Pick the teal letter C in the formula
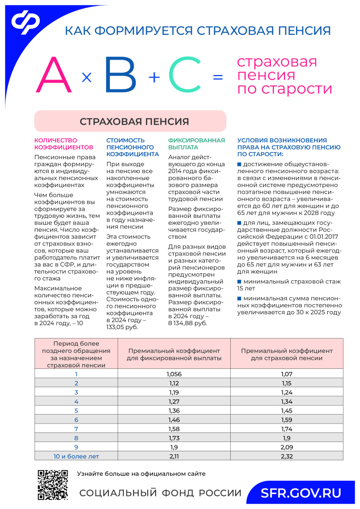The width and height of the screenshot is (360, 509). click(184, 76)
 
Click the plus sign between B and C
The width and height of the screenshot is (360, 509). click(154, 77)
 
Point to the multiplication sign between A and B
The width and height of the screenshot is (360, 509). click(87, 78)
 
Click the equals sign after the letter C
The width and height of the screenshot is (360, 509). click(217, 78)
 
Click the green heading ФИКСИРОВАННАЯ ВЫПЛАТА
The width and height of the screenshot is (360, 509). click(196, 144)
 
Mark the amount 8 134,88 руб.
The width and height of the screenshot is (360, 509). click(188, 323)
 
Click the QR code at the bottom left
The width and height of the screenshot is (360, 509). click(53, 485)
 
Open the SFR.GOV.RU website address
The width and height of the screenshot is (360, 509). click(301, 493)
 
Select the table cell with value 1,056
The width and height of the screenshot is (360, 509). click(174, 374)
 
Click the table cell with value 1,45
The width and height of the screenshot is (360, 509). click(287, 410)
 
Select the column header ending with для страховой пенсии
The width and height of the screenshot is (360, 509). click(287, 354)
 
